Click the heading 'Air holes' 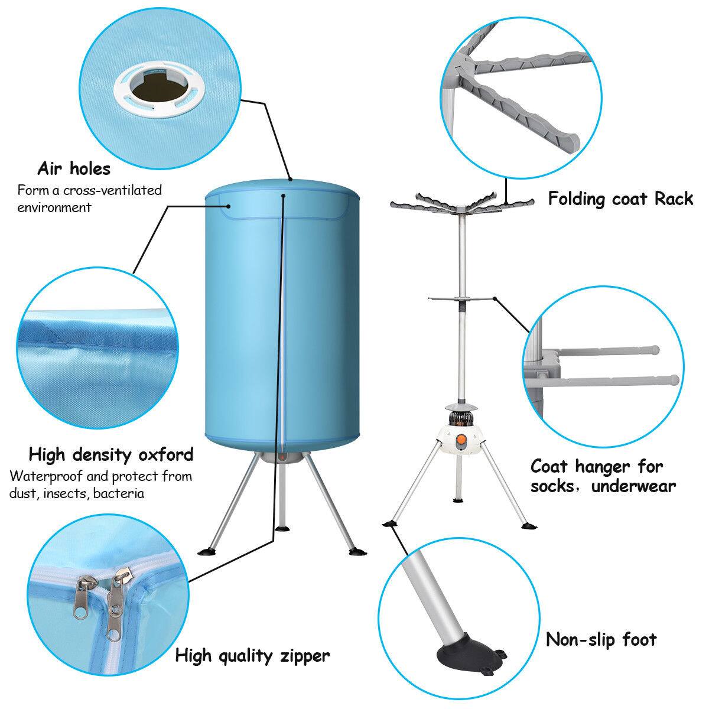[x=74, y=169]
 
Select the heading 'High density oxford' [x=110, y=454]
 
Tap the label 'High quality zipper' [x=252, y=655]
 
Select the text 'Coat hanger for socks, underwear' [x=603, y=476]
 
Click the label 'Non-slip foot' [x=600, y=639]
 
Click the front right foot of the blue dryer [x=357, y=552]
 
